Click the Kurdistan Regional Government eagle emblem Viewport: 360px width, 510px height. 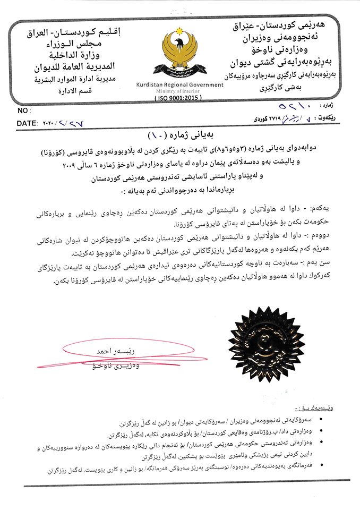(x=180, y=53)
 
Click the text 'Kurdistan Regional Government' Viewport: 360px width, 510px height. (x=180, y=85)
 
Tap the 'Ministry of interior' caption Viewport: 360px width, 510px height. (x=180, y=91)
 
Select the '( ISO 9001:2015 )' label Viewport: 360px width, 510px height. (x=180, y=99)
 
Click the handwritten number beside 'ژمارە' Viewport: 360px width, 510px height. (x=296, y=109)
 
